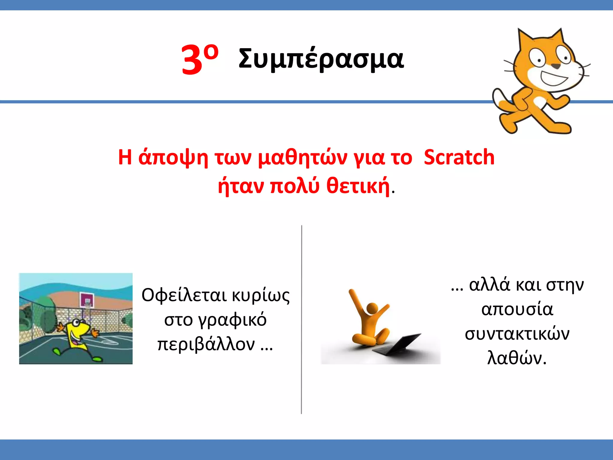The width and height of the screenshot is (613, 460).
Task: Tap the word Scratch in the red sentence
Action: [459, 157]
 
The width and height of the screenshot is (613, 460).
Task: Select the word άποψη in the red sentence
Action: [173, 158]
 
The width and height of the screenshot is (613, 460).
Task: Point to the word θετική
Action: [358, 186]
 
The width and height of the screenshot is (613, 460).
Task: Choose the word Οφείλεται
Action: [184, 295]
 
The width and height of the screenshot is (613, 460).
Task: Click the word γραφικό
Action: [215, 320]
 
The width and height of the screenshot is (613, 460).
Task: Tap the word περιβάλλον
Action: [206, 344]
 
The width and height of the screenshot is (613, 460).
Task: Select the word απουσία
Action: [517, 309]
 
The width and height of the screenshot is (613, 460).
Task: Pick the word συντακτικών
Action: [517, 334]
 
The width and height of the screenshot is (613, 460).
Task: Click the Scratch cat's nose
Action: [556, 66]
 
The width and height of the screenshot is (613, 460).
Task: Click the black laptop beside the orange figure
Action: [398, 344]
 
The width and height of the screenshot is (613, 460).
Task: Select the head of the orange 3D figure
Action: [372, 308]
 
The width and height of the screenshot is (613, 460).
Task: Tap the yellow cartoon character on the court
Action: [77, 335]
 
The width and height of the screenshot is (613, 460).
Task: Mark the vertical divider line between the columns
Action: [301, 319]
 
